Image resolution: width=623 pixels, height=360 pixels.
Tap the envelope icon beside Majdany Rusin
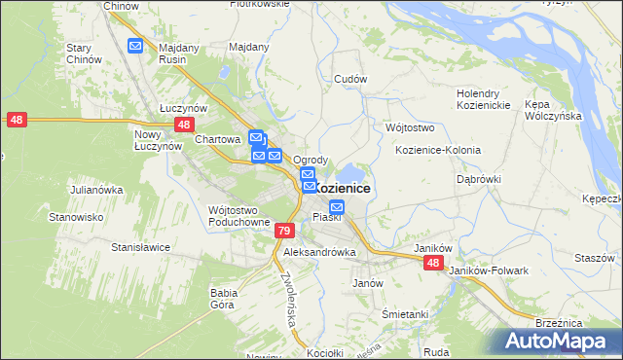[135, 45]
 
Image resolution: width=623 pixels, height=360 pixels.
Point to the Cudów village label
[349, 79]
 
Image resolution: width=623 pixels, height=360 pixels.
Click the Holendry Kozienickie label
[484, 99]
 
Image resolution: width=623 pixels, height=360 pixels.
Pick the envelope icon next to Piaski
[337, 206]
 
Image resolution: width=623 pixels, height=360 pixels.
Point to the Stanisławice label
[141, 247]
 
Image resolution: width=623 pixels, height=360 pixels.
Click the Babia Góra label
[225, 298]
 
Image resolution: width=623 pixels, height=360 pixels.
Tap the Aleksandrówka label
[319, 252]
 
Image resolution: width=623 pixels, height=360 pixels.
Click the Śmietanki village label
[406, 314]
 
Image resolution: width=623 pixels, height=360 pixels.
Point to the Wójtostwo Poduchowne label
[238, 216]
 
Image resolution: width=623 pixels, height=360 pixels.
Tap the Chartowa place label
[217, 139]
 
